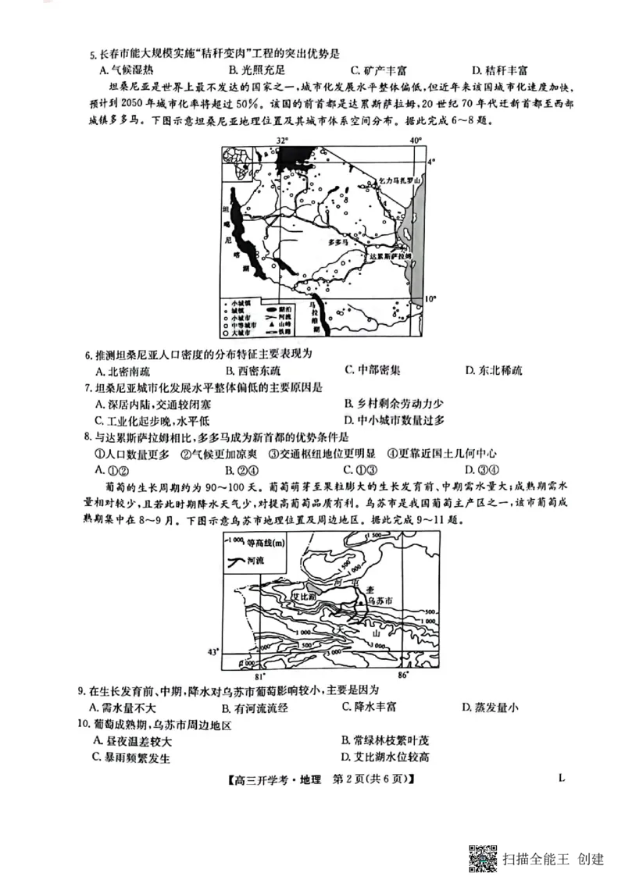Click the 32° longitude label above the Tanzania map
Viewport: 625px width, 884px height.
pyautogui.click(x=282, y=140)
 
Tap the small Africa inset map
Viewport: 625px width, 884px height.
pyautogui.click(x=234, y=165)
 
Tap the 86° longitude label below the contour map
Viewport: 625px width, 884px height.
pyautogui.click(x=402, y=674)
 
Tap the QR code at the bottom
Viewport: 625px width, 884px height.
pyautogui.click(x=483, y=858)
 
